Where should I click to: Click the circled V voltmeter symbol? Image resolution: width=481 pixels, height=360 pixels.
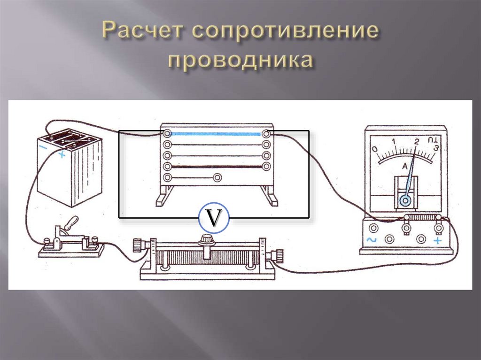point(213,218)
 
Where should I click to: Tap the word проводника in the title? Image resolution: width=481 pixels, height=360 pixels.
point(240,61)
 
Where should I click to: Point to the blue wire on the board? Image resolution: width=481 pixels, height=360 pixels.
point(216,134)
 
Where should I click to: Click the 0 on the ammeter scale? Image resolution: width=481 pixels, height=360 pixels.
point(374,149)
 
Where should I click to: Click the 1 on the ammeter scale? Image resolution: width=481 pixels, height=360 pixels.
point(393,141)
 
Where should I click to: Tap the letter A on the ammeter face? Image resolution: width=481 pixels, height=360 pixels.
point(404,165)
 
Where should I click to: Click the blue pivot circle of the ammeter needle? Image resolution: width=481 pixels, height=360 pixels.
point(404,201)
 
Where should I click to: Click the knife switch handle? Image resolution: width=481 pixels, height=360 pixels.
point(70,223)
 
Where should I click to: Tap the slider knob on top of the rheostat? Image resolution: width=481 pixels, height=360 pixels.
point(205,241)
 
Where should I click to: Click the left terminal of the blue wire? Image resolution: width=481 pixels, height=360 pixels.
point(167,133)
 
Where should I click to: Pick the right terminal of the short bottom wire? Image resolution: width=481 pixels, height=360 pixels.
point(217,177)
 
